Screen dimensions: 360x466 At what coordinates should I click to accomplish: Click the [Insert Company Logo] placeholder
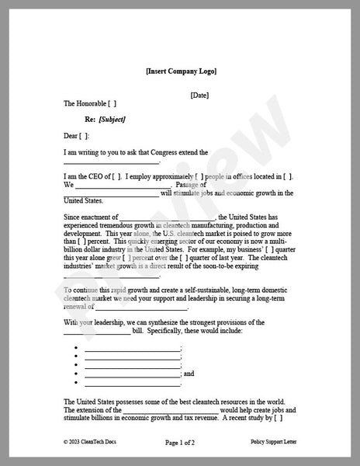[181, 71]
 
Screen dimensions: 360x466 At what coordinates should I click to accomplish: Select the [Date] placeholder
[199, 95]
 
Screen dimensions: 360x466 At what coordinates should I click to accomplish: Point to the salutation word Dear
[71, 135]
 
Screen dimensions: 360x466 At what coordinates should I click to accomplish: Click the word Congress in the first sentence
[170, 151]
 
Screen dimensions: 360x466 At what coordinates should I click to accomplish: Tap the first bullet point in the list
[78, 349]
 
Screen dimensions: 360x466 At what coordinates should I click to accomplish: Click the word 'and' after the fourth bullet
[188, 374]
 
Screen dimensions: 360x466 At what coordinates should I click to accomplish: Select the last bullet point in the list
[78, 382]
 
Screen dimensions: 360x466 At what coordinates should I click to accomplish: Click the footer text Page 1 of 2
[180, 443]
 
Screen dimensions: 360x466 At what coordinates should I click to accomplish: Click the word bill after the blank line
[139, 330]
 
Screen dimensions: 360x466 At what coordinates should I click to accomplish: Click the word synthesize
[168, 322]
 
